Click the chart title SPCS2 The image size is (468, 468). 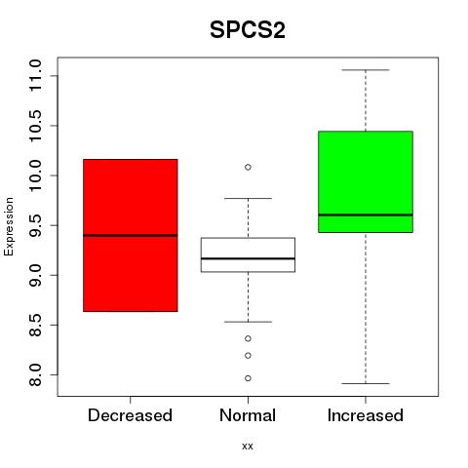[248, 30]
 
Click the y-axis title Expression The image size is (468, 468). [9, 226]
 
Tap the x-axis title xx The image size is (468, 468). [248, 447]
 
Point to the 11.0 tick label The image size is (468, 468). [35, 76]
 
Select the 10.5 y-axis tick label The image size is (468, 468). [35, 126]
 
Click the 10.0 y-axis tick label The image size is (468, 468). [35, 175]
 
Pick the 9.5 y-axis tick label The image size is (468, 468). [35, 225]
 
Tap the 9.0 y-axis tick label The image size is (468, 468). [35, 275]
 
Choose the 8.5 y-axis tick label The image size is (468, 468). [35, 325]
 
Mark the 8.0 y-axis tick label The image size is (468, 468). [35, 374]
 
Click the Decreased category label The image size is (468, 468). [130, 415]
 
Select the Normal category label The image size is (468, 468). [248, 415]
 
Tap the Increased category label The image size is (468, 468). [366, 415]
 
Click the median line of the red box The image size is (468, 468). [131, 235]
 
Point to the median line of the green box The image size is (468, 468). [366, 214]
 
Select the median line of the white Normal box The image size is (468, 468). [248, 258]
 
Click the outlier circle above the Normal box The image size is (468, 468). [248, 167]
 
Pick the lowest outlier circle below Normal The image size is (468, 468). [248, 378]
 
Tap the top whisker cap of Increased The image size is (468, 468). [366, 70]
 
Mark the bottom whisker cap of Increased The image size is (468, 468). [366, 383]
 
